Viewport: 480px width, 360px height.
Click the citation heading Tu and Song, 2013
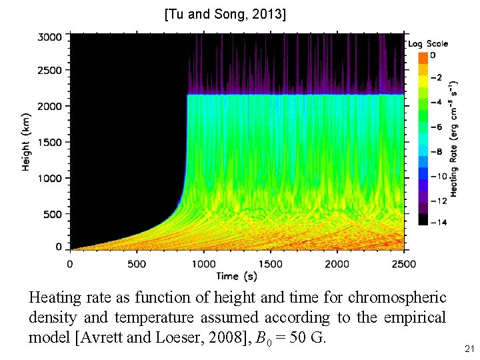225,13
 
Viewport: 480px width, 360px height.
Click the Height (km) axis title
27,141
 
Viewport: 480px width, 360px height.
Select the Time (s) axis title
237,276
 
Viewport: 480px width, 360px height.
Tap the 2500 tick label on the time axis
403,264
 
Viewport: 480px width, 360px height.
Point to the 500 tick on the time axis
137,264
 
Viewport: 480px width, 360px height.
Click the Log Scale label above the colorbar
428,44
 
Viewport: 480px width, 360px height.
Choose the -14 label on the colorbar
438,222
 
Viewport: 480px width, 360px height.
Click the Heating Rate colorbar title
454,139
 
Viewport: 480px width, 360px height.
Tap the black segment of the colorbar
423,220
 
